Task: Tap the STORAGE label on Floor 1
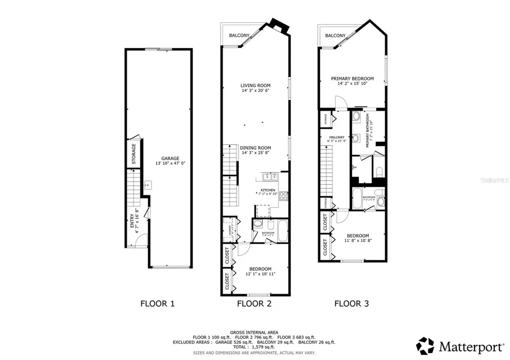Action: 133,154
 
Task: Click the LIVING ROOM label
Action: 255,86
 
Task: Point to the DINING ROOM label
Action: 255,148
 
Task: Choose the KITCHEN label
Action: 268,190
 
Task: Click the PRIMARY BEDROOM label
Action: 353,79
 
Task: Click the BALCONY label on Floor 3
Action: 335,35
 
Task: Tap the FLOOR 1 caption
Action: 157,303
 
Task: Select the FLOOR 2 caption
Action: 254,303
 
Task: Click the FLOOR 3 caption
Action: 351,303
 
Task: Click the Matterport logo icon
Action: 426,345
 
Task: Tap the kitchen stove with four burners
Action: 283,196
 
